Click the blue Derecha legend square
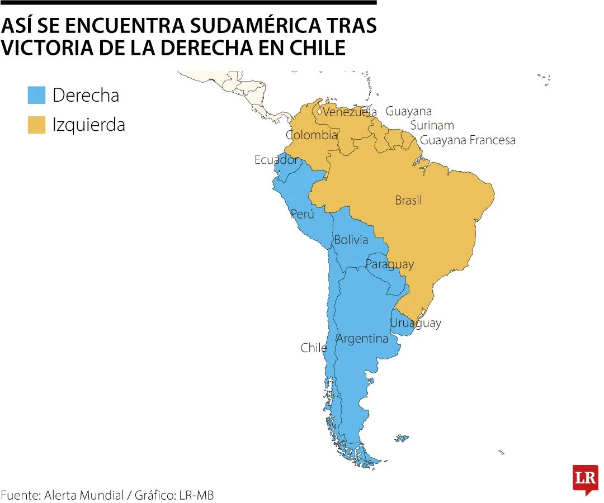pos(36,95)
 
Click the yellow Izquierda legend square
pos(36,125)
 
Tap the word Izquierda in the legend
pos(88,125)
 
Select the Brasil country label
pos(408,200)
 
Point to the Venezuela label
pos(350,112)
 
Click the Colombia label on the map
pos(312,135)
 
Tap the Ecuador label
pos(276,160)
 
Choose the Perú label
pos(302,214)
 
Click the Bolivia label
pos(351,240)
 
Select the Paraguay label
pos(389,264)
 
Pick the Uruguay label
pos(415,323)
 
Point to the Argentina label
pos(362,339)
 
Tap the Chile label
pos(313,348)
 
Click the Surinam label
pos(432,125)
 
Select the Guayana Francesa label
pos(468,140)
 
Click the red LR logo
pos(585,478)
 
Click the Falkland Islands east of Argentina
pos(402,439)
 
